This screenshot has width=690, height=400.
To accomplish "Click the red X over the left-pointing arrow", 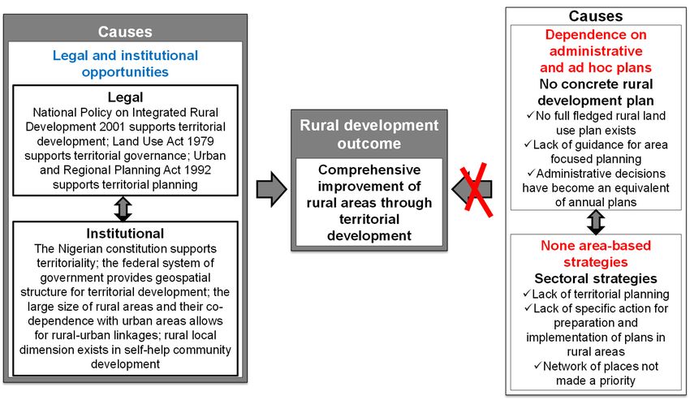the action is (x=477, y=190).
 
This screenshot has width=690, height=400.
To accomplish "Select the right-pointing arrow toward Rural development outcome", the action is (x=271, y=190).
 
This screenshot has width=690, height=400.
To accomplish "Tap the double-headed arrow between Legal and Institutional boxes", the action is (x=123, y=209).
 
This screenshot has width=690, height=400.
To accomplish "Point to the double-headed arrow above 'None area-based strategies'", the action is (x=596, y=222).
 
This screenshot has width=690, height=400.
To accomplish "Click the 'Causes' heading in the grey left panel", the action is (x=125, y=32).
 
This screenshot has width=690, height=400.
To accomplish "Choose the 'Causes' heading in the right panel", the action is (x=595, y=16).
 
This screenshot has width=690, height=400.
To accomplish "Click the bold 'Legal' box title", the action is (x=125, y=97).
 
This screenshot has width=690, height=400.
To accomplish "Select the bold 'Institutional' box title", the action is (x=125, y=233).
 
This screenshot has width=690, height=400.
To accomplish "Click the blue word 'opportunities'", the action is (x=125, y=71).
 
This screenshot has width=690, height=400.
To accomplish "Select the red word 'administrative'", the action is (x=596, y=51).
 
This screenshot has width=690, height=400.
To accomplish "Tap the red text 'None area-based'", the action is (x=596, y=245).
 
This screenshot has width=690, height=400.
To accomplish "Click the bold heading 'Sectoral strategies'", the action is (x=596, y=278).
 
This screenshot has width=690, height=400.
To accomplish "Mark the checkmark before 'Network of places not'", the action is (x=537, y=365).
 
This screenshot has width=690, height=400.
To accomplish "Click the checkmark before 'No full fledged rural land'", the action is (x=530, y=115).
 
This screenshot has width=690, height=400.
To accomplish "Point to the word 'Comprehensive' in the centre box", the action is (x=369, y=170).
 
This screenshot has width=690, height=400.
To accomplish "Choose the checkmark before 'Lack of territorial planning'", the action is (x=527, y=293).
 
